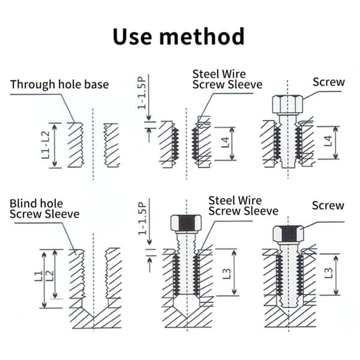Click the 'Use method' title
pyautogui.click(x=179, y=37)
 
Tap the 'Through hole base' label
pyautogui.click(x=59, y=85)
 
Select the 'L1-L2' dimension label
pyautogui.click(x=46, y=145)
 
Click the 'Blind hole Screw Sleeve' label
pyautogui.click(x=44, y=209)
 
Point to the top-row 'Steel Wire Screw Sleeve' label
pyautogui.click(x=227, y=79)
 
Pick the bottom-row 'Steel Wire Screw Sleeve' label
pyautogui.click(x=244, y=206)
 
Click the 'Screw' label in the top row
pyautogui.click(x=329, y=82)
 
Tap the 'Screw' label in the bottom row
pyautogui.click(x=328, y=205)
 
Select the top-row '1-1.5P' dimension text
pyautogui.click(x=142, y=92)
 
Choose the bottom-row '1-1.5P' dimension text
pyautogui.click(x=142, y=218)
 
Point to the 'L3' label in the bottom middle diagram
pyautogui.click(x=227, y=273)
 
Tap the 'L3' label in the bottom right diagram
pyautogui.click(x=328, y=273)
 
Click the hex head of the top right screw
pyautogui.click(x=287, y=104)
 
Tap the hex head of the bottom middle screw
pyautogui.click(x=186, y=224)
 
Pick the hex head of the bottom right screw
pyautogui.click(x=289, y=235)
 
